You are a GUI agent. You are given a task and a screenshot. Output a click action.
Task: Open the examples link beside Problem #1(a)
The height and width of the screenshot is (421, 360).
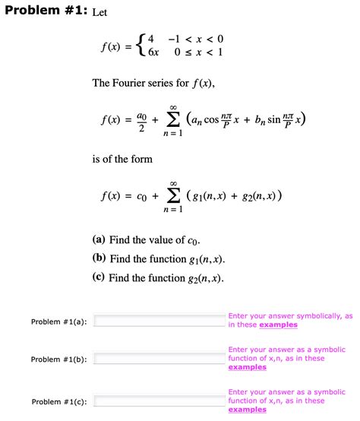tap(276, 324)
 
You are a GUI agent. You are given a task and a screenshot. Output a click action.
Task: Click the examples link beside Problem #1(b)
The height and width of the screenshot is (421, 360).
tap(247, 367)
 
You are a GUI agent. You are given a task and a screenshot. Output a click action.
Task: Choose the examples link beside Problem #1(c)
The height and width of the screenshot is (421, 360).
tap(247, 410)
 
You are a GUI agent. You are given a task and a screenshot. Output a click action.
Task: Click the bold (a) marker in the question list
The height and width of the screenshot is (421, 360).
tap(99, 240)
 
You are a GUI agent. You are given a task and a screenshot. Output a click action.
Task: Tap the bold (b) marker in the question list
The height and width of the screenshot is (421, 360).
tap(99, 259)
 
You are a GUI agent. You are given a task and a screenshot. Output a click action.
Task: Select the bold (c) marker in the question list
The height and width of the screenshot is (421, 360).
tap(99, 278)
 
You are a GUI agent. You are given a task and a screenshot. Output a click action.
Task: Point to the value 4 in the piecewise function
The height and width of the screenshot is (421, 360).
tap(152, 39)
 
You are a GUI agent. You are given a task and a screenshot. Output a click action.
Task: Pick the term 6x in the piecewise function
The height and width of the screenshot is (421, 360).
tap(154, 54)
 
